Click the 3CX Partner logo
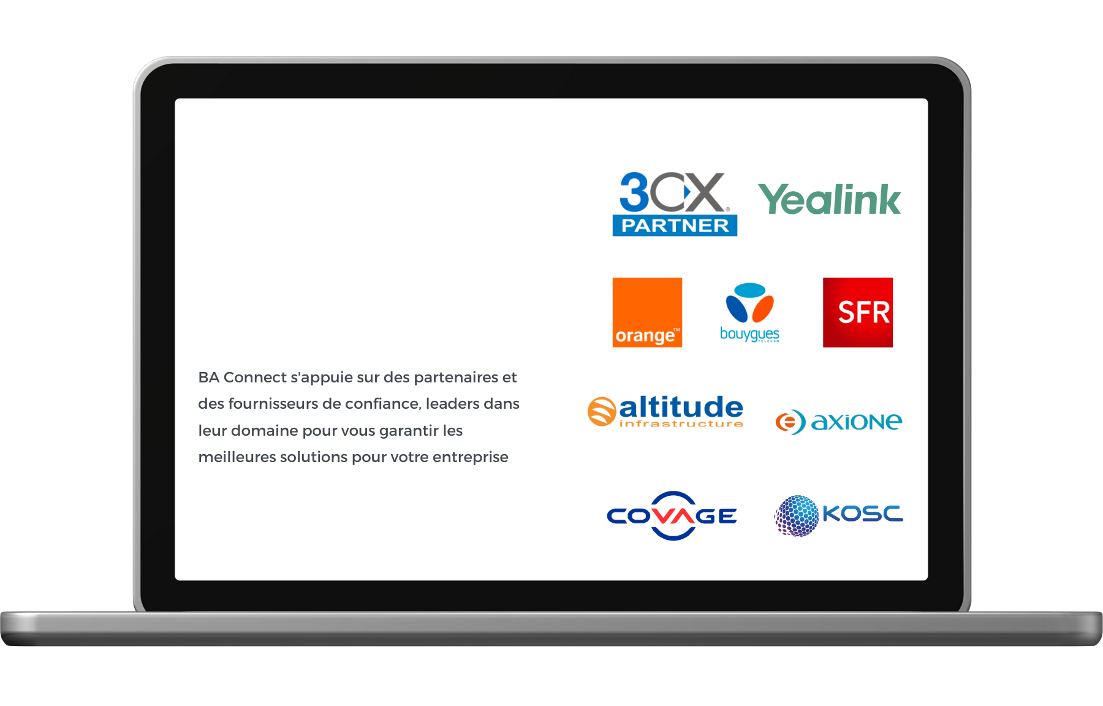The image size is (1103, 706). [x=675, y=203]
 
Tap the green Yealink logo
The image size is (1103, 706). [x=830, y=199]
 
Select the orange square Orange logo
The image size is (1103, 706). [x=647, y=313]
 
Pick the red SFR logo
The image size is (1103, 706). [x=858, y=313]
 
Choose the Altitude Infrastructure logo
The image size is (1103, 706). [x=665, y=411]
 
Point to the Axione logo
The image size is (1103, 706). [x=839, y=422]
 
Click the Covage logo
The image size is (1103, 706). [x=672, y=515]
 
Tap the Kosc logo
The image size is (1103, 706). [x=839, y=515]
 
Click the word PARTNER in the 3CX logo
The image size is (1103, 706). [x=675, y=226]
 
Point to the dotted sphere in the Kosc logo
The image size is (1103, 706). [x=797, y=516]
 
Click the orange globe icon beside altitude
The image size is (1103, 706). [x=602, y=411]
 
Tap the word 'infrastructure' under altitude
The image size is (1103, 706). [x=681, y=423]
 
